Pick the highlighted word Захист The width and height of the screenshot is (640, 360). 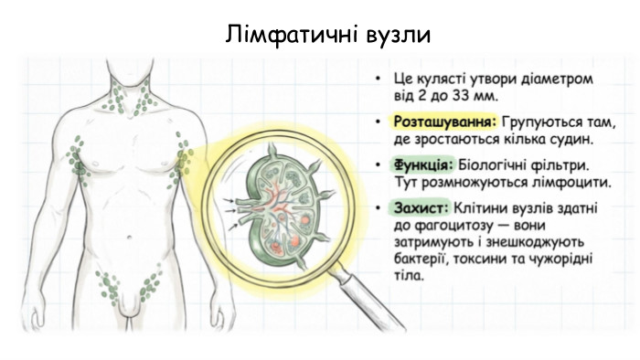coord(420,209)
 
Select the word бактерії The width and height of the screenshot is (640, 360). coord(422,261)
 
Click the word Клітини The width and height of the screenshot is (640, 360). coord(480,209)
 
